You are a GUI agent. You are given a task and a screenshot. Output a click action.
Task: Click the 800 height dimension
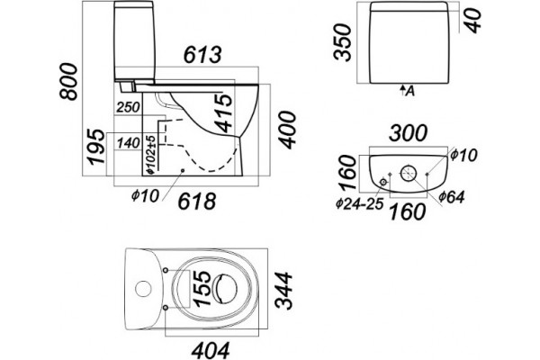(68, 82)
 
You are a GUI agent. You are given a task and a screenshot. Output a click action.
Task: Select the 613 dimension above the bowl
(202, 55)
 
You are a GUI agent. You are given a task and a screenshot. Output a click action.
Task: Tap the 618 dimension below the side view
(196, 202)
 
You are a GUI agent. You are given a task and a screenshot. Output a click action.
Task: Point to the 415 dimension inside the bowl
(226, 113)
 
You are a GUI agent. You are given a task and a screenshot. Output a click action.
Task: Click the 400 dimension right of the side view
(286, 130)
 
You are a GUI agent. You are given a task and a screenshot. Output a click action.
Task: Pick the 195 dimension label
(95, 147)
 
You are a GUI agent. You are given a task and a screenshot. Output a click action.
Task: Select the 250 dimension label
(129, 107)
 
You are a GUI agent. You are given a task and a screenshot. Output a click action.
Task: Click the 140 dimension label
(129, 143)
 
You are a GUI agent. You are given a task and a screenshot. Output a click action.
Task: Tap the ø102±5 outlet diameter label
(151, 154)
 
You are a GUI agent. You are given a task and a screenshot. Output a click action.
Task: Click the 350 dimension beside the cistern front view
(343, 42)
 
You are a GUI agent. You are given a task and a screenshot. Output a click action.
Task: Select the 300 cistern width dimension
(408, 133)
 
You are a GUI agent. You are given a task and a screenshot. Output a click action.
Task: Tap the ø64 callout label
(452, 197)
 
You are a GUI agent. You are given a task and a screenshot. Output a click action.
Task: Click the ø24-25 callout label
(360, 204)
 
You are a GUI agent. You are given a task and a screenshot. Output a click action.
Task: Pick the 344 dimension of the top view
(283, 290)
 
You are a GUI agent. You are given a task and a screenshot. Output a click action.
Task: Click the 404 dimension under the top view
(211, 350)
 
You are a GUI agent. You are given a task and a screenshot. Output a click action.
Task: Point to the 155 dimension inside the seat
(202, 288)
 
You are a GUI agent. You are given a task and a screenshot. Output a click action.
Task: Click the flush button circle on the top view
(143, 289)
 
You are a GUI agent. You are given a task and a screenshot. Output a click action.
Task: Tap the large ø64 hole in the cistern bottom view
(409, 173)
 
